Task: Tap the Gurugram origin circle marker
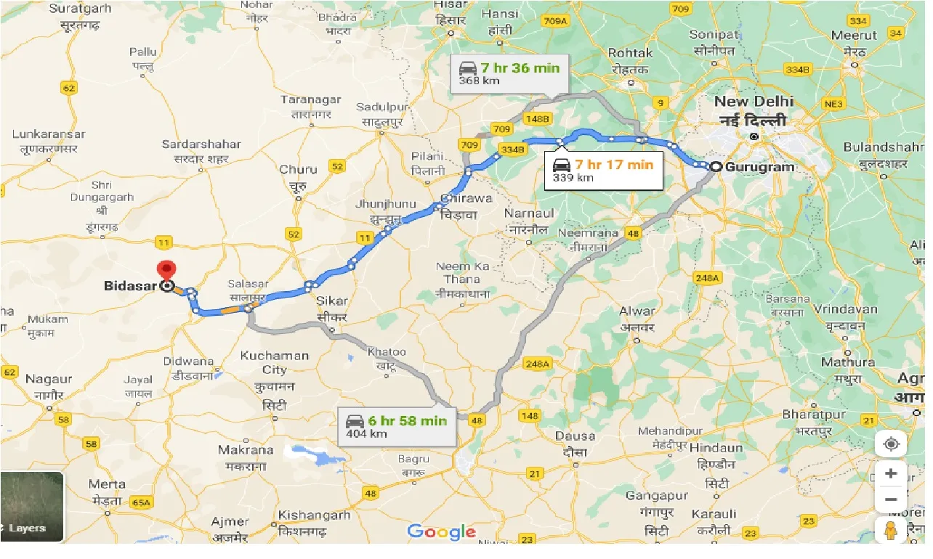click(x=716, y=166)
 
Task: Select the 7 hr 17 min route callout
click(x=604, y=171)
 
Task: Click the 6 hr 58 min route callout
click(x=397, y=426)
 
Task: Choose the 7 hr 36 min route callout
click(x=509, y=73)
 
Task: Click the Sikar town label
click(x=333, y=301)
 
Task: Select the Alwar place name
click(x=637, y=311)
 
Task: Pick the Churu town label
click(x=299, y=169)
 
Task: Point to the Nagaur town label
click(x=49, y=379)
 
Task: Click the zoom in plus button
click(x=891, y=473)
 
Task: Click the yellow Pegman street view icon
click(x=891, y=530)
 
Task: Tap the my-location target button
click(x=891, y=444)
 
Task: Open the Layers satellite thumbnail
click(x=32, y=507)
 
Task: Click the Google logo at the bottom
click(x=441, y=531)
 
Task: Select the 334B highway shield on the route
click(x=512, y=149)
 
